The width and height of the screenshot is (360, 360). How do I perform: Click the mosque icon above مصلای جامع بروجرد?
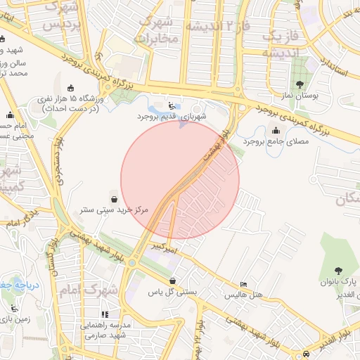click(x=274, y=131)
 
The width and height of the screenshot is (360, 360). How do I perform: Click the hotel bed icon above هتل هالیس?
click(x=243, y=285)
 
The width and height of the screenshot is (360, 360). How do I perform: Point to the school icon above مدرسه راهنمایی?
click(x=105, y=314)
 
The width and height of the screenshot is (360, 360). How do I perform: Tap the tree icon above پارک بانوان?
click(x=340, y=270)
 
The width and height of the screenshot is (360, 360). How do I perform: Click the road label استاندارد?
click(x=335, y=68)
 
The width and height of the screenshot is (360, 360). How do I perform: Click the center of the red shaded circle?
click(x=180, y=180)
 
